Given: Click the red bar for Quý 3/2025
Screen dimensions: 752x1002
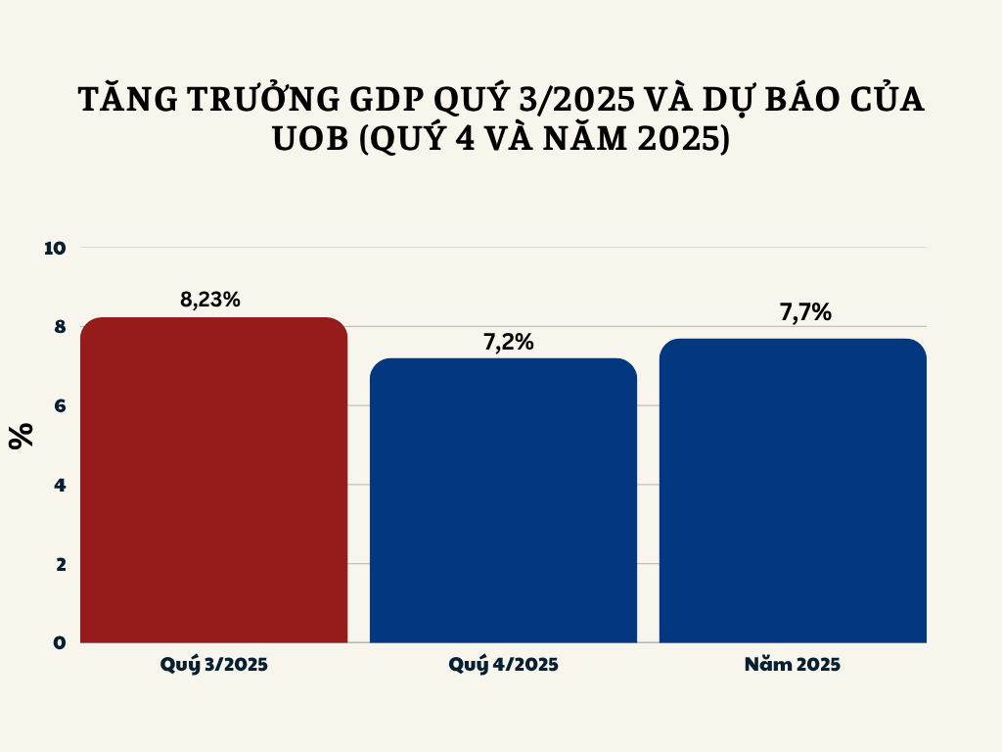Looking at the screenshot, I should coord(213,480).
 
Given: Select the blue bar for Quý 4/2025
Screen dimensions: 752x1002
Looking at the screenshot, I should coord(503,500).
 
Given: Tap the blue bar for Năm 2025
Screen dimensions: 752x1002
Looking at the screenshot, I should coord(793,491).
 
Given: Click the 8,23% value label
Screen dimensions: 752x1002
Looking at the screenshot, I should coord(210,300).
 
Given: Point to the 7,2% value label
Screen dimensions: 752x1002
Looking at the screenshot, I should coord(508,342).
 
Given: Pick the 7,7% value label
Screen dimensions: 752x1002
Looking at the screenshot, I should coord(805,312).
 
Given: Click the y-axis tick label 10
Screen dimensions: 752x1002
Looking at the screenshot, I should coord(55,248).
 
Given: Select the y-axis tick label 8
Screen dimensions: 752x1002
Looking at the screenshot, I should coord(59,327).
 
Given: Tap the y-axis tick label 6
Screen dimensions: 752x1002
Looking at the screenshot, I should coord(59,405).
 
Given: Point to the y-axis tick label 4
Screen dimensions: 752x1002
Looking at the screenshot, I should coord(59,485).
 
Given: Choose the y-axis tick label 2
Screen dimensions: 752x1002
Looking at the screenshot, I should coord(59,564).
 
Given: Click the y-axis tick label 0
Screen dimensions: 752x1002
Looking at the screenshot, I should coord(59,642).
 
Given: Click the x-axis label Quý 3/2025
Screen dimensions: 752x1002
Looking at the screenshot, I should coord(214,665).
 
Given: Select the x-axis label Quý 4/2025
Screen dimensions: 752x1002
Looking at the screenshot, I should coord(504,665).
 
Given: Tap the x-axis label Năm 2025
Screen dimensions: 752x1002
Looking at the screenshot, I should coord(793,665).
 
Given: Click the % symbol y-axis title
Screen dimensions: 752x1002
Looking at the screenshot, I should coord(22,435).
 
